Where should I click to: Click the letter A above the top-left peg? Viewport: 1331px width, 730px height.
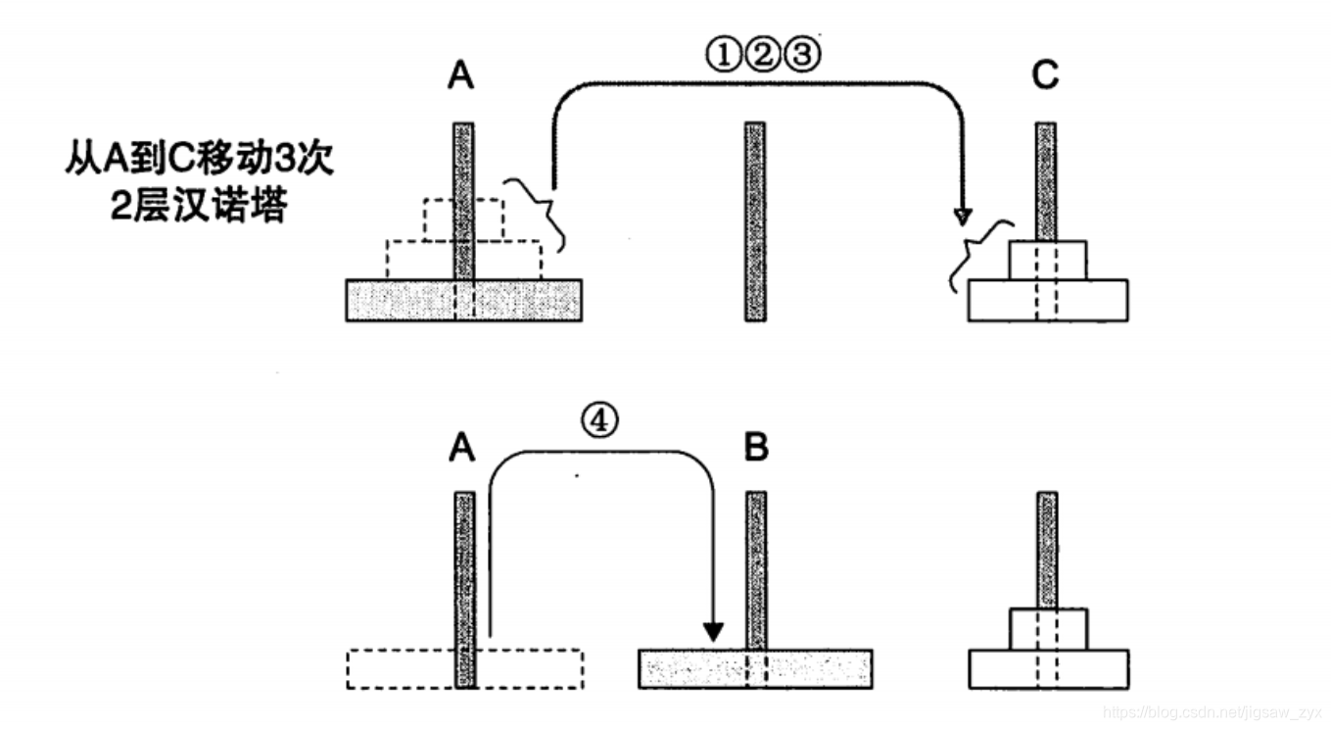tap(460, 76)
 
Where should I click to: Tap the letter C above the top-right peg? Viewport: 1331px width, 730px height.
tap(1045, 76)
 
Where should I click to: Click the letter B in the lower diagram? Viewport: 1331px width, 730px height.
tap(755, 448)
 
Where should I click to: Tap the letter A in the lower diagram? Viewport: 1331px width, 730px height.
tap(461, 448)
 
